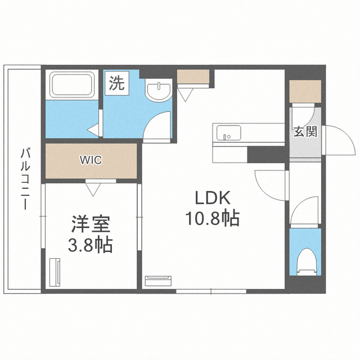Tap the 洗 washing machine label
coord(116,84)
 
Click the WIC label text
coord(90,160)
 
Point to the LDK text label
coord(213,199)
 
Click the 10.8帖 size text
coord(213,218)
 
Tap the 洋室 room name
coord(90,224)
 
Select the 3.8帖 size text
coord(90,245)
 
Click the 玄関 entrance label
coord(304,132)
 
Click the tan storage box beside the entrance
coord(305,91)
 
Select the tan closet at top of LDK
coord(193,77)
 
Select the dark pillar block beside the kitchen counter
coord(267,154)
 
